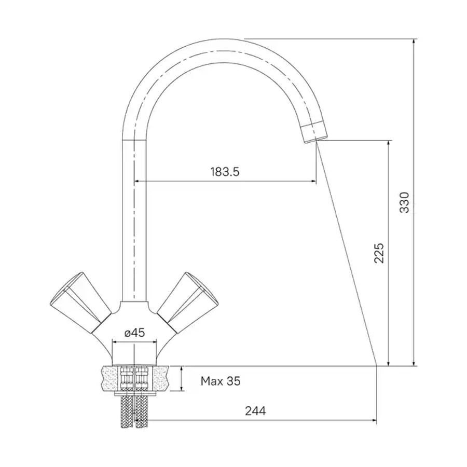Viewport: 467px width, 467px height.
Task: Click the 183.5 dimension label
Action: pyautogui.click(x=225, y=172)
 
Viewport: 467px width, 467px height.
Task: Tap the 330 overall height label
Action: pyautogui.click(x=404, y=202)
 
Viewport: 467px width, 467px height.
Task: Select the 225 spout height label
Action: pyautogui.click(x=379, y=253)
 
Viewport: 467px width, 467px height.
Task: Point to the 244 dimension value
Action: pyautogui.click(x=255, y=411)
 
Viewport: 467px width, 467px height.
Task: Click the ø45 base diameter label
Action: pyautogui.click(x=134, y=333)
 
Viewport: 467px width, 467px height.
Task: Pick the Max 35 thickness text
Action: pyautogui.click(x=221, y=381)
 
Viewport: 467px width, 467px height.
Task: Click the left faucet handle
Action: pyautogui.click(x=80, y=302)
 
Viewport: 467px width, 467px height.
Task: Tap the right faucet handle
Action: pyautogui.click(x=188, y=302)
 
